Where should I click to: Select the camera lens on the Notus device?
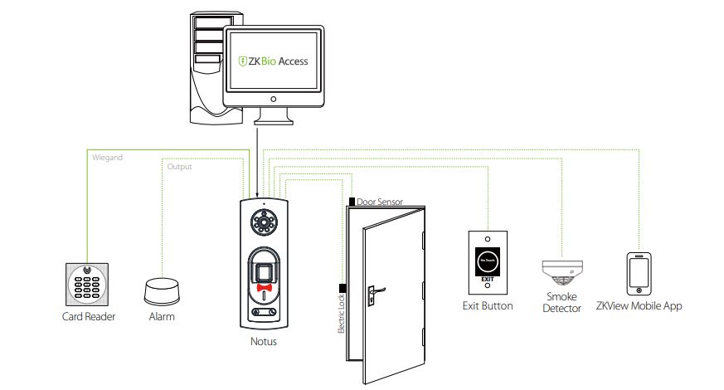pos(265,223)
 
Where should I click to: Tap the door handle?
pos(373,290)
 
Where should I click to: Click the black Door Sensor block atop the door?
pos(352,202)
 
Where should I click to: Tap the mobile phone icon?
pos(638,273)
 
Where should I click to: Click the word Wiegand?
pos(104,157)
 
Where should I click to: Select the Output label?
pos(179,167)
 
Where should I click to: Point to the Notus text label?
pos(264,341)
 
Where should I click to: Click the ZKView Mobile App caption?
pos(639,306)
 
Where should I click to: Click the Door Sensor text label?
pos(382,202)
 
